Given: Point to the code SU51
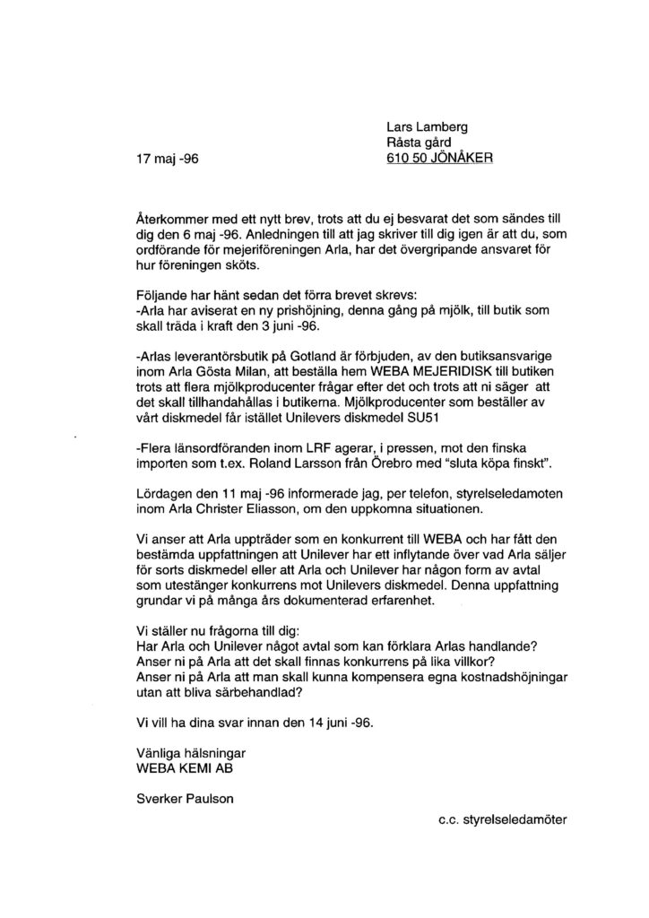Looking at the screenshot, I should tap(424, 419).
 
